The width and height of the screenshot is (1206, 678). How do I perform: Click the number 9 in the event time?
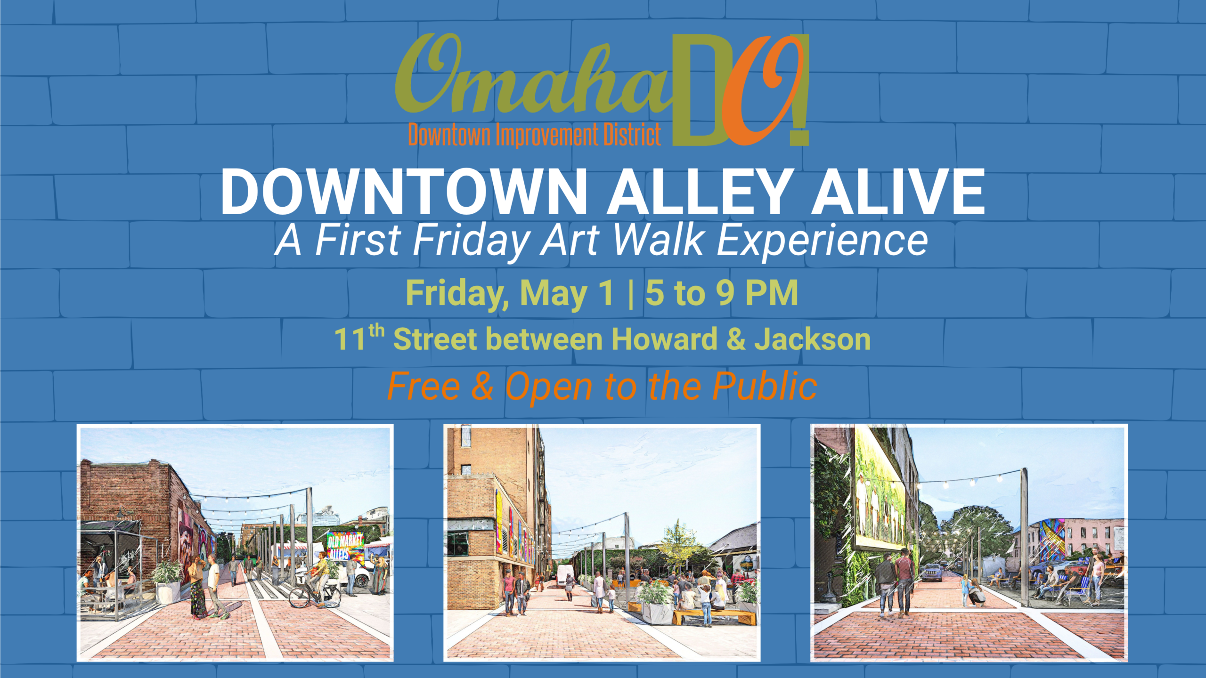click(725, 293)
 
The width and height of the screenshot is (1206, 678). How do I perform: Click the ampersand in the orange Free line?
click(482, 387)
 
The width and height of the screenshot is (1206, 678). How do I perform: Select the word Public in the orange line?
click(764, 386)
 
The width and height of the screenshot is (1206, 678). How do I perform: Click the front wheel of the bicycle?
click(299, 597)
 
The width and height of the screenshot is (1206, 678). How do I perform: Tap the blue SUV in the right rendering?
click(931, 572)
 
